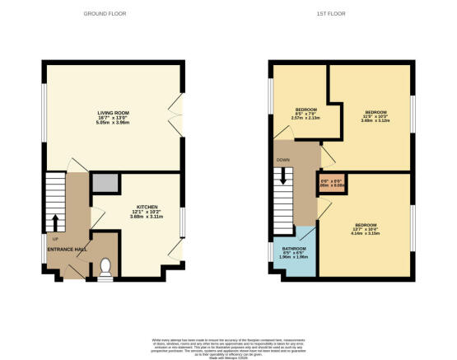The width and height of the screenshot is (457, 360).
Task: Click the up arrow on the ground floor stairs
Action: click(56, 221)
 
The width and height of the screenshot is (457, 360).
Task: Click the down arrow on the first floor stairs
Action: click(284, 176)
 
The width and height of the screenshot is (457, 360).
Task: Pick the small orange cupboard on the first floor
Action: click(330, 183)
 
